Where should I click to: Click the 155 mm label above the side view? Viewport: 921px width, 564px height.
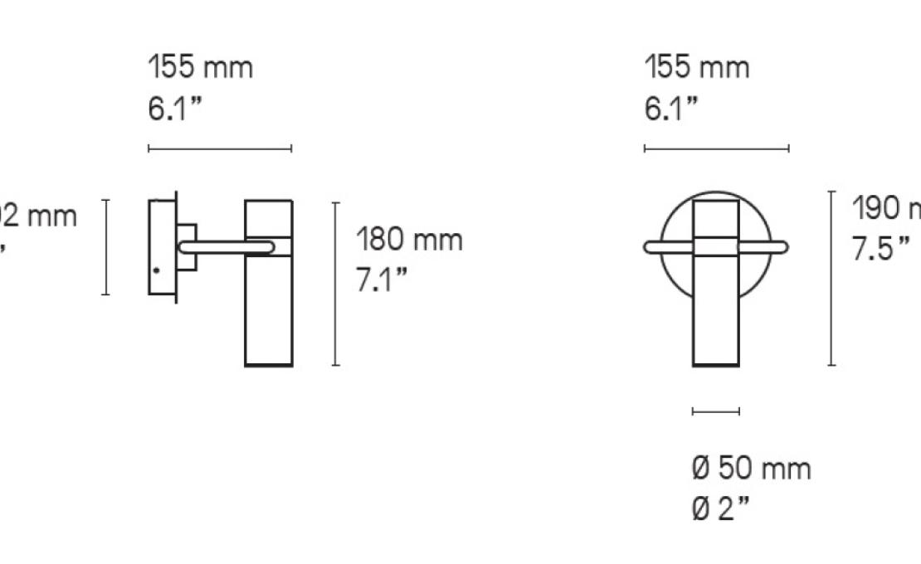(200, 67)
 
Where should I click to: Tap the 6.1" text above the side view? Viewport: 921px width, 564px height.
(175, 108)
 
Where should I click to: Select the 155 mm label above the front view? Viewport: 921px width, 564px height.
(697, 67)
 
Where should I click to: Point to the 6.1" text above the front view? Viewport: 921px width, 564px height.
(671, 108)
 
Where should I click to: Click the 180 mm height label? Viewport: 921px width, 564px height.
(409, 241)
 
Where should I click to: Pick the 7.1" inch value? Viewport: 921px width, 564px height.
(383, 280)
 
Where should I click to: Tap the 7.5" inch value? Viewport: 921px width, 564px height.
(881, 249)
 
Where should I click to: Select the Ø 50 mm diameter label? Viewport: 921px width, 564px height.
(751, 469)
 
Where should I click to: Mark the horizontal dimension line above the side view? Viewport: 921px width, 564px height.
(220, 149)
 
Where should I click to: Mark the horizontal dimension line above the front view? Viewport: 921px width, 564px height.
(716, 149)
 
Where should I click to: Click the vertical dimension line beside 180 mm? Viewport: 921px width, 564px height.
(335, 283)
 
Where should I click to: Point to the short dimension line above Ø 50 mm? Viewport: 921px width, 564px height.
(715, 411)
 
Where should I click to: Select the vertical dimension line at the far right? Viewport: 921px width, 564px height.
(831, 278)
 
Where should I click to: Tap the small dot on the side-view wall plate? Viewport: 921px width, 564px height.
(155, 270)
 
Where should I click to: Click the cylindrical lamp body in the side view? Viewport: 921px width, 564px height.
(269, 315)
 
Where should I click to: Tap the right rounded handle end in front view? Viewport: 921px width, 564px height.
(782, 246)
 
